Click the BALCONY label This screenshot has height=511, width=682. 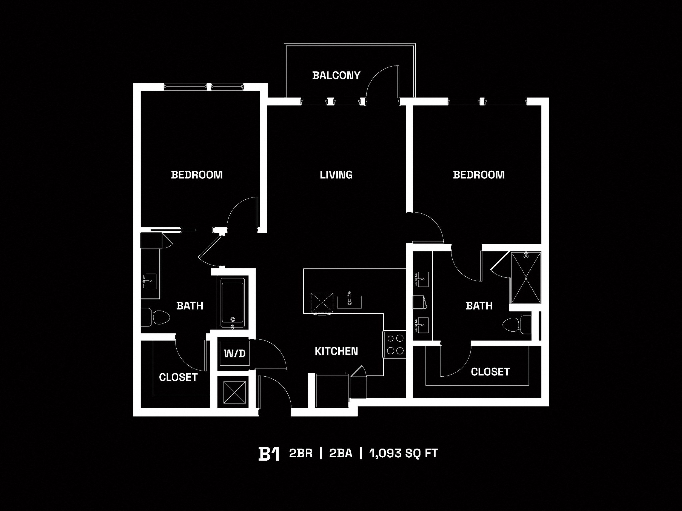(336, 75)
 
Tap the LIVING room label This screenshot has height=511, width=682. (336, 175)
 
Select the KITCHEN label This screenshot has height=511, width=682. (336, 351)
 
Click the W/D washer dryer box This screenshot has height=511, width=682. (234, 353)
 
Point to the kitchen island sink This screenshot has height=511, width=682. (349, 301)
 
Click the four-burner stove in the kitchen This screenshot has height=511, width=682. (395, 345)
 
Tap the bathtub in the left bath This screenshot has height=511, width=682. (233, 303)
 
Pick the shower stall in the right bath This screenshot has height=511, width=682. (526, 277)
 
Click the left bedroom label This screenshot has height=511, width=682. (197, 175)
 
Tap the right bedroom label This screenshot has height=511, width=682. (479, 175)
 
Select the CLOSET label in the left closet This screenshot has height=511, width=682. (178, 377)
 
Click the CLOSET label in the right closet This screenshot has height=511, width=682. (490, 372)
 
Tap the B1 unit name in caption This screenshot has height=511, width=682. (268, 454)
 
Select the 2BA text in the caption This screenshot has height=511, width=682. (340, 453)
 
